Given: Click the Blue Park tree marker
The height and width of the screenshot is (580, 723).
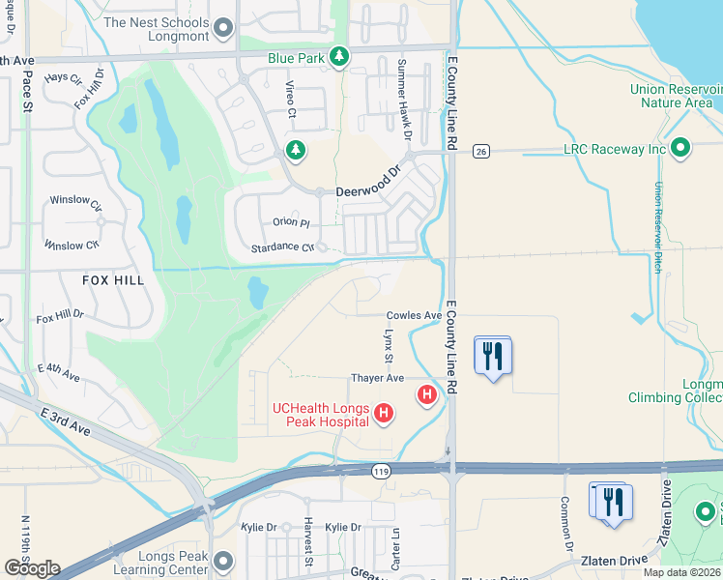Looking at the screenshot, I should pyautogui.click(x=338, y=58).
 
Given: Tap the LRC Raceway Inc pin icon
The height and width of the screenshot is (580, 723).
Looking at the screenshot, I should pyautogui.click(x=680, y=148).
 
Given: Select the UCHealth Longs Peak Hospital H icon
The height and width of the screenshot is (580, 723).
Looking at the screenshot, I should pyautogui.click(x=384, y=415).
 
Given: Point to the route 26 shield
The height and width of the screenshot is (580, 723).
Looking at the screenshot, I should pyautogui.click(x=479, y=151).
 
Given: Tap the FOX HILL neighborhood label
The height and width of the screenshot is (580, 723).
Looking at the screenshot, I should pyautogui.click(x=113, y=280).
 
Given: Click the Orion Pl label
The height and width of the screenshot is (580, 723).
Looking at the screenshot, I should pyautogui.click(x=291, y=222).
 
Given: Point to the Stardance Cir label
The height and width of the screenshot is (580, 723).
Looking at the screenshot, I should pyautogui.click(x=282, y=247).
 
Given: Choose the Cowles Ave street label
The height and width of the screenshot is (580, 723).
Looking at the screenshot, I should pyautogui.click(x=414, y=315).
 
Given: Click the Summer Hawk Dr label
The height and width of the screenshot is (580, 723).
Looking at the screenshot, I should pyautogui.click(x=407, y=97).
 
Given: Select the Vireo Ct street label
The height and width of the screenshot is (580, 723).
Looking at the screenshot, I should pyautogui.click(x=290, y=99).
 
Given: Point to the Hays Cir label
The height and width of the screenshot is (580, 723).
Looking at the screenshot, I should pyautogui.click(x=63, y=76).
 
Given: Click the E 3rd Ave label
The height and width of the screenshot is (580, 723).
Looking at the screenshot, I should pyautogui.click(x=65, y=421).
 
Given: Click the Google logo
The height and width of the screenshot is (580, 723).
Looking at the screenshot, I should pyautogui.click(x=31, y=568).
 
